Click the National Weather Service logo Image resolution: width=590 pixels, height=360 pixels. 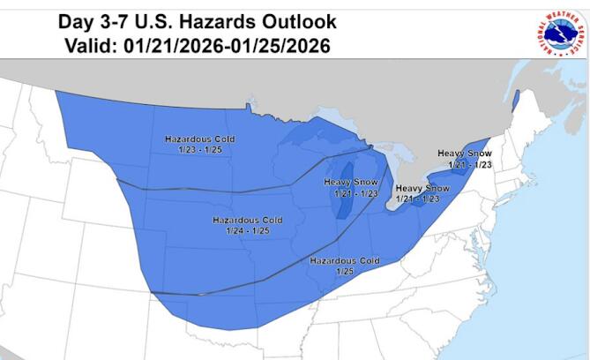point(557,32)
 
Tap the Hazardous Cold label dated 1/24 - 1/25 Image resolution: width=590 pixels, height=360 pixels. point(247,220)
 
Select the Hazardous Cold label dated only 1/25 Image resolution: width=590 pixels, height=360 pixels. point(344,261)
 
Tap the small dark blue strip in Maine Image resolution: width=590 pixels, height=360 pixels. point(514,101)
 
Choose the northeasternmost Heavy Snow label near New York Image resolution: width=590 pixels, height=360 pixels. point(464,154)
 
